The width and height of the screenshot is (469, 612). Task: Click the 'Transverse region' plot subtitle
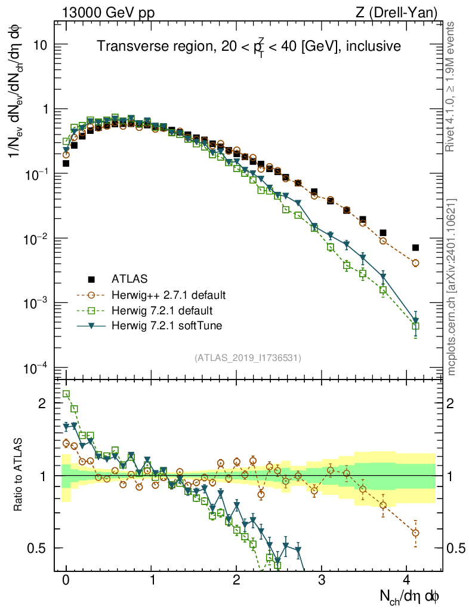click(x=249, y=45)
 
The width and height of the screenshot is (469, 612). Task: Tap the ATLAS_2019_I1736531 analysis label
click(x=248, y=358)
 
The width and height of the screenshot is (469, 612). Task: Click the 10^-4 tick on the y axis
click(x=37, y=367)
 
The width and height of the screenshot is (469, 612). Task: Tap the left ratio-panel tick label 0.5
click(x=38, y=548)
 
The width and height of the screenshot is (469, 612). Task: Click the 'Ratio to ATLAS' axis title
click(x=18, y=475)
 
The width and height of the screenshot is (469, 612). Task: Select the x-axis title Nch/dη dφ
click(x=409, y=597)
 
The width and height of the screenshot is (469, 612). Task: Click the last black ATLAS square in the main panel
click(x=415, y=247)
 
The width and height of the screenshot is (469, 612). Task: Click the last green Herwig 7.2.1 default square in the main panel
click(x=415, y=326)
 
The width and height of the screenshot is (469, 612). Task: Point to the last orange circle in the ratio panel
click(x=415, y=533)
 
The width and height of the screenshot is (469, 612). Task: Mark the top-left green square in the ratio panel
click(x=66, y=394)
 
